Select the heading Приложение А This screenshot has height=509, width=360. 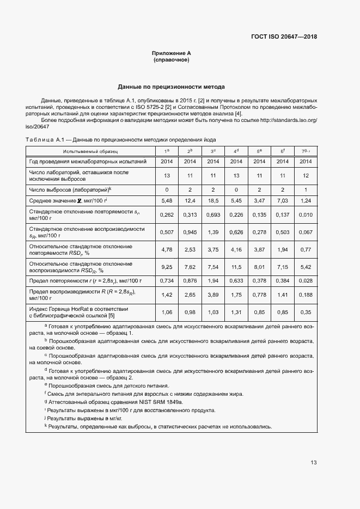(171, 53)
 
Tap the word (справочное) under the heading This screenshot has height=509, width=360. (171, 60)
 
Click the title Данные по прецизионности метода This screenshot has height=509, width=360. (171, 87)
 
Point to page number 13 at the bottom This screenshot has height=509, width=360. (313, 463)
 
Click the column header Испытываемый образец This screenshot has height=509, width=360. (90, 151)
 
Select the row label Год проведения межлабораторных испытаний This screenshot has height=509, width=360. (88, 162)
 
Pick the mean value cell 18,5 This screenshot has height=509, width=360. (213, 201)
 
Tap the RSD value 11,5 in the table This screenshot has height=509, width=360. (236, 267)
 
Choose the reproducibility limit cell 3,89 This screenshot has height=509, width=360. (213, 295)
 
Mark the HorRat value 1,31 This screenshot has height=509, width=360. (236, 312)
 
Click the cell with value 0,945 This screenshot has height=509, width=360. (190, 232)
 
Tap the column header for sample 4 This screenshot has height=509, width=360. (236, 151)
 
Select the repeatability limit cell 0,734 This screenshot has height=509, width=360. (167, 280)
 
